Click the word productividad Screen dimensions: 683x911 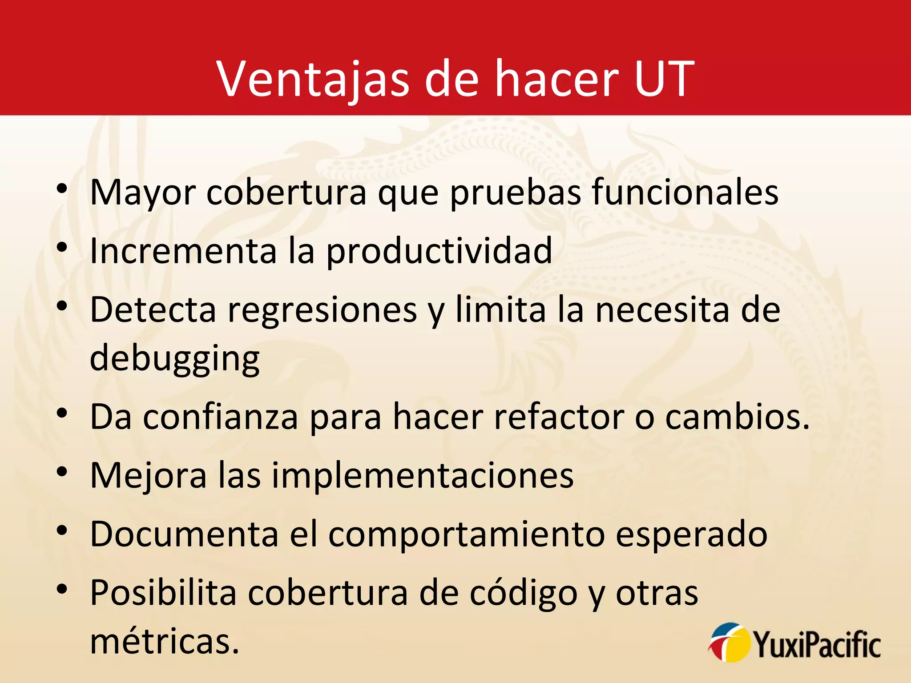[439, 252]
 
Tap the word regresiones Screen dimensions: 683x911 [322, 310]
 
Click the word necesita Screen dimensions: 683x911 [662, 309]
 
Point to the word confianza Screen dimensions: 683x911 [221, 417]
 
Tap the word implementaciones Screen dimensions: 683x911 [423, 476]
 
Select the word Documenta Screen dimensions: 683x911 [184, 534]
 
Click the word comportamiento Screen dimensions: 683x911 [467, 535]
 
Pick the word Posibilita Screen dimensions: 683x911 [163, 593]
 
